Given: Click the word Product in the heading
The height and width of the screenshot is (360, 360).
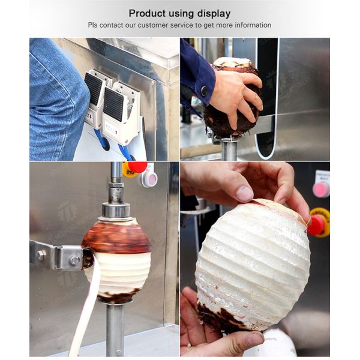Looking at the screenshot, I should [x=146, y=13].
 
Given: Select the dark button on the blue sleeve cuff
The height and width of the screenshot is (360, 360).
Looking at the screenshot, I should [x=204, y=91].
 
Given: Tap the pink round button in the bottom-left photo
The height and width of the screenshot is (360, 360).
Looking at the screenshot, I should [x=149, y=178].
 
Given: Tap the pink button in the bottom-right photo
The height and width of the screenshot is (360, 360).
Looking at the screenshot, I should [x=321, y=190].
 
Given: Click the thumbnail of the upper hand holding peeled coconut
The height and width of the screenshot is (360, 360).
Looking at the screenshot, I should [x=244, y=193].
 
